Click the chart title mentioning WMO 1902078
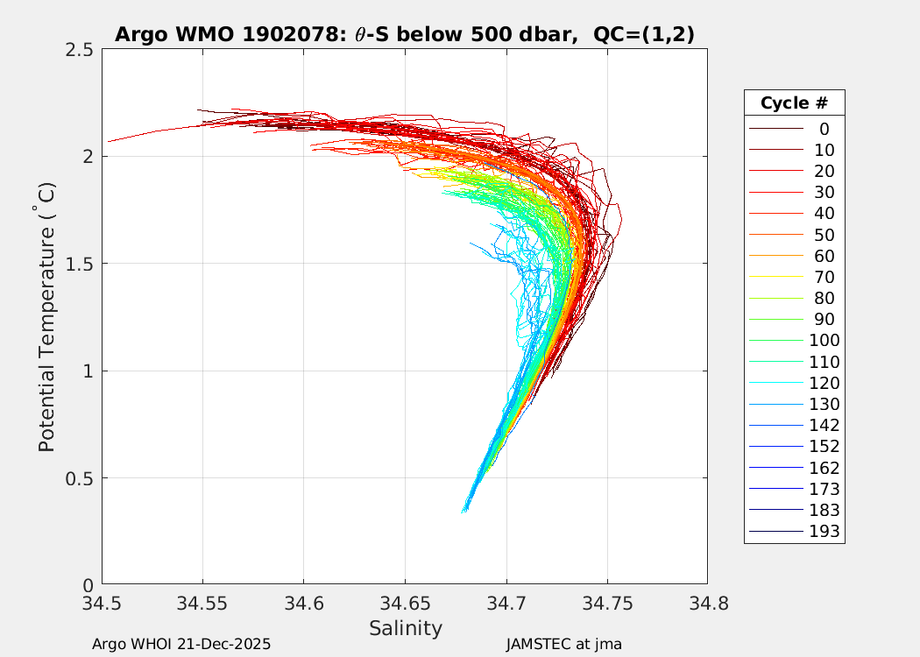click(x=405, y=34)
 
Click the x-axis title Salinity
click(x=405, y=628)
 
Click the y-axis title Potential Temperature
click(x=46, y=316)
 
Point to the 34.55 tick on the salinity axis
click(x=202, y=603)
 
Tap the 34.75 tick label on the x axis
click(x=606, y=603)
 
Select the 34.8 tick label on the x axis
click(x=707, y=603)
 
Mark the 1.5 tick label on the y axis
click(x=81, y=264)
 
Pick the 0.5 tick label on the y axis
click(x=81, y=478)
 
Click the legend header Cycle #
click(x=794, y=102)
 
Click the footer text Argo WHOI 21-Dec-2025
click(x=181, y=644)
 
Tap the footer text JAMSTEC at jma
click(x=563, y=644)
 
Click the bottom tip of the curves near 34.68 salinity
click(x=464, y=509)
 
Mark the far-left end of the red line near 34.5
click(x=109, y=141)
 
